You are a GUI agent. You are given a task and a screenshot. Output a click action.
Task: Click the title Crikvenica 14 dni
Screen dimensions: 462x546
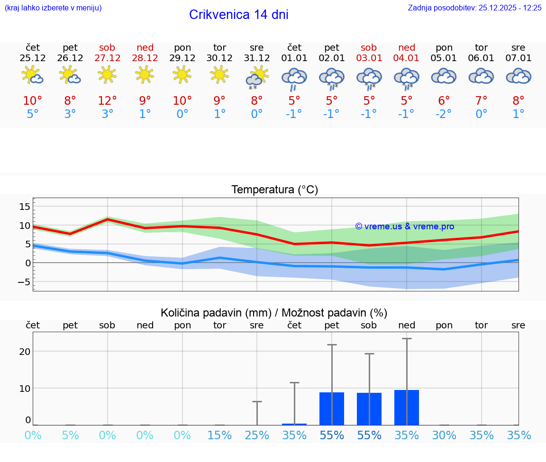[238, 15]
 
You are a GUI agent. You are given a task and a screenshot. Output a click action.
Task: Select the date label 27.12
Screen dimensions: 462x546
[108, 58]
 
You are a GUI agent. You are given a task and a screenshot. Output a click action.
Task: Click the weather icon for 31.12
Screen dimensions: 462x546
[257, 77]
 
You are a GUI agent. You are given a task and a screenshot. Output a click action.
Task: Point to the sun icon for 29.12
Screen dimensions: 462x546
[182, 75]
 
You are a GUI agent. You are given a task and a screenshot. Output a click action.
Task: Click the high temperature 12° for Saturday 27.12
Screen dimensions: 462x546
[108, 100]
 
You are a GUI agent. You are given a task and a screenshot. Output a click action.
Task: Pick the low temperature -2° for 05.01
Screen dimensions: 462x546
[444, 114]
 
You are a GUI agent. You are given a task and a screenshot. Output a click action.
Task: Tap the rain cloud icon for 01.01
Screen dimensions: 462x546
[294, 78]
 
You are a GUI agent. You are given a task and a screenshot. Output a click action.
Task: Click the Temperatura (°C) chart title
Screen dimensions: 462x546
[274, 190]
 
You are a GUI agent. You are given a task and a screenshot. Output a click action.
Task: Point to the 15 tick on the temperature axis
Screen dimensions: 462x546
[25, 207]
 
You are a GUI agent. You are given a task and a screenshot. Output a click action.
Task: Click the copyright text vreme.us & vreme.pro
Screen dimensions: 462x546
[405, 226]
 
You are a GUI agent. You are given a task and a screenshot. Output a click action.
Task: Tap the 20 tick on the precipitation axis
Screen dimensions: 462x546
[25, 351]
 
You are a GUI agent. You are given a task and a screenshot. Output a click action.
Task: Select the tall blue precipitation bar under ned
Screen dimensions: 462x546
[407, 408]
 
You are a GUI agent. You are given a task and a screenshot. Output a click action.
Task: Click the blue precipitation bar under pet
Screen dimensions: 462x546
[332, 408]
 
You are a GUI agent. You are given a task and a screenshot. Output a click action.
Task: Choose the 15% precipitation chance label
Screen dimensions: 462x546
[219, 435]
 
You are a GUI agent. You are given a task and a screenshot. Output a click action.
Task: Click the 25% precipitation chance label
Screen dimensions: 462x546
[257, 435]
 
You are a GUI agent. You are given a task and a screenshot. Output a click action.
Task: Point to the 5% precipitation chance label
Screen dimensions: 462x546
[70, 435]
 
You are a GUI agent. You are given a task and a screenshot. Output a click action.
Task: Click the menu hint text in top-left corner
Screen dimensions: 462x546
[53, 8]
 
